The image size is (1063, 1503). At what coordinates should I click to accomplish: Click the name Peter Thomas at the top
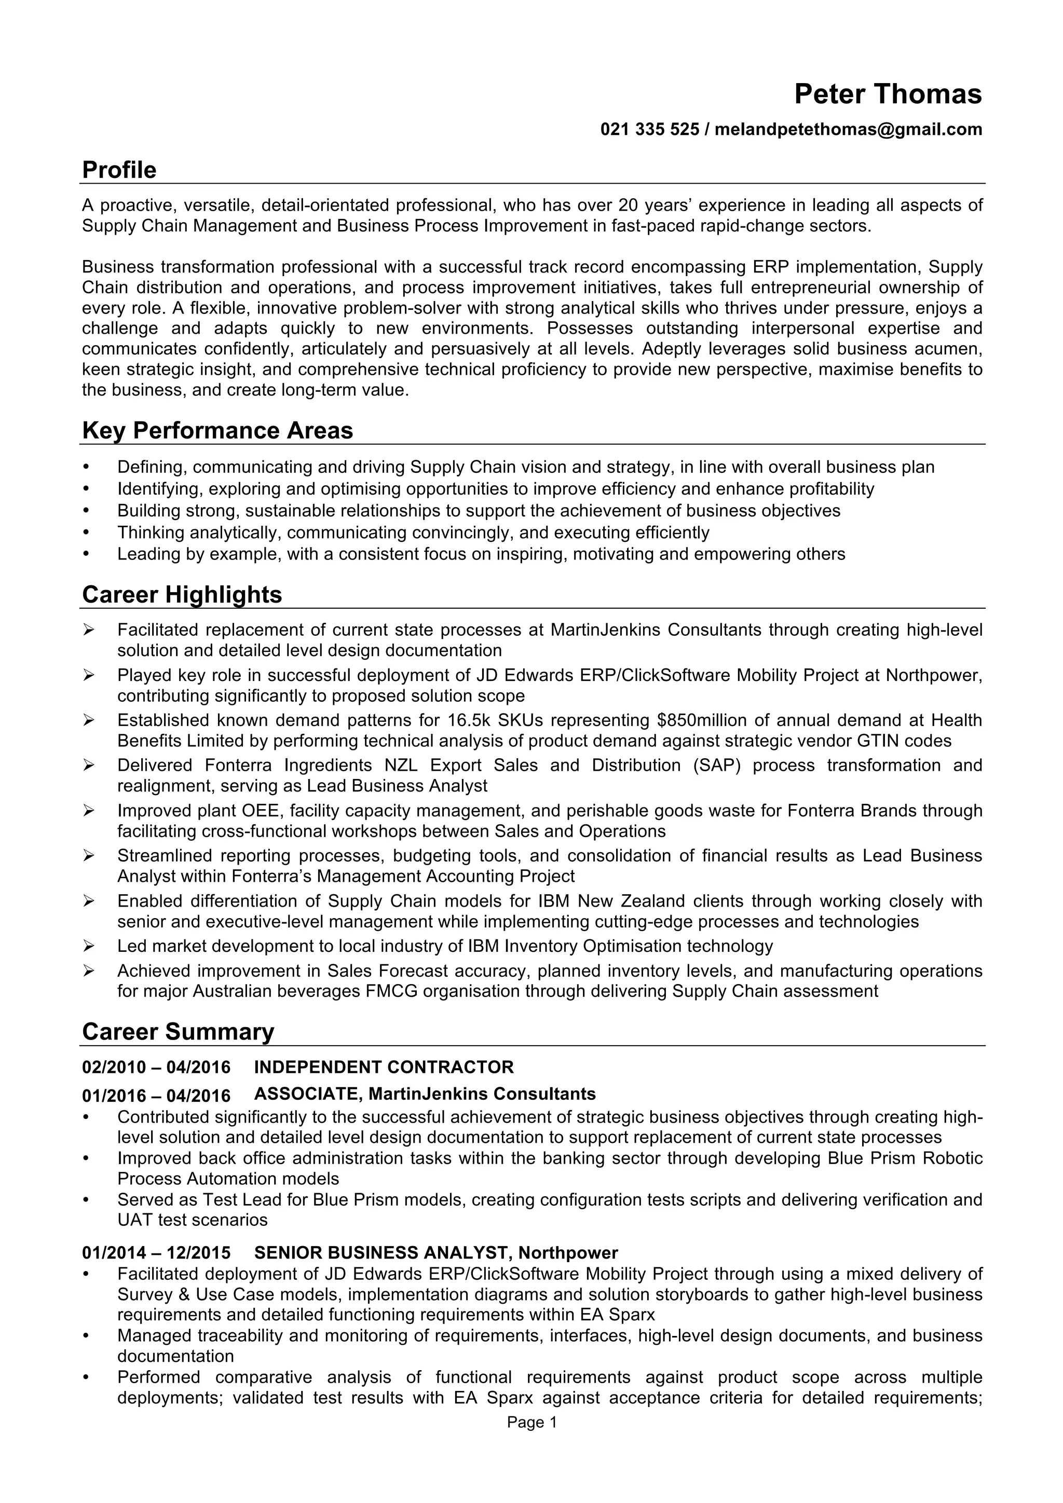point(888,94)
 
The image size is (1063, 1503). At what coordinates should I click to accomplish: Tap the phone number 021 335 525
point(649,130)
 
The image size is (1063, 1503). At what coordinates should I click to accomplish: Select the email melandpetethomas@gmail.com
point(848,130)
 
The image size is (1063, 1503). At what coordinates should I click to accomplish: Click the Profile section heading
point(119,170)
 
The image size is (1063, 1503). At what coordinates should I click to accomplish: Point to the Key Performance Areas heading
point(217,431)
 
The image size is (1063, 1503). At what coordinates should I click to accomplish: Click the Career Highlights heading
point(182,594)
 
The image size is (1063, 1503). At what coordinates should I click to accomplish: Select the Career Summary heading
point(178,1032)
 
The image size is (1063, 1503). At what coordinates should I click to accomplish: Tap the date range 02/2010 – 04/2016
point(156,1068)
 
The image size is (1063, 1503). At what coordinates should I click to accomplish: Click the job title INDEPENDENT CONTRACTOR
point(384,1068)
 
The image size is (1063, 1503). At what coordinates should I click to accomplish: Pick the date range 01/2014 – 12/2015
point(156,1253)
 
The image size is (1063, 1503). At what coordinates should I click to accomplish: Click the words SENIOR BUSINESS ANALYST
point(381,1253)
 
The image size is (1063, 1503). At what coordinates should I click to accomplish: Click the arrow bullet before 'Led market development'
point(89,946)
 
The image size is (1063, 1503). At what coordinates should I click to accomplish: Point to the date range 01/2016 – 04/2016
point(156,1096)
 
